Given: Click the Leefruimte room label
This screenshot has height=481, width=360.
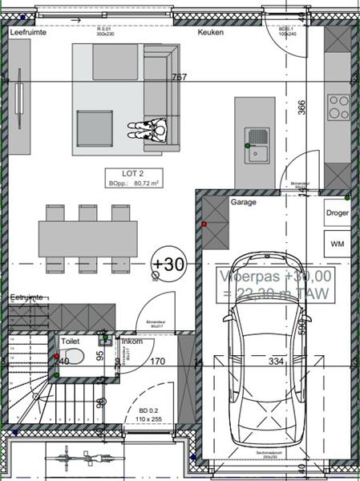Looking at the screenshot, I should [x=28, y=33].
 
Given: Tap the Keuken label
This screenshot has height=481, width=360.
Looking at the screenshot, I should [x=212, y=33].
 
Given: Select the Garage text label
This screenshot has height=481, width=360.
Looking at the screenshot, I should [x=243, y=203].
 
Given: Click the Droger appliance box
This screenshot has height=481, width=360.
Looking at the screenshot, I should [x=338, y=213].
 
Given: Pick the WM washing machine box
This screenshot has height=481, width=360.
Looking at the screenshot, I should [x=338, y=242].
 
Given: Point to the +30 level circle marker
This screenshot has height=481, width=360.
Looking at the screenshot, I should [x=168, y=263].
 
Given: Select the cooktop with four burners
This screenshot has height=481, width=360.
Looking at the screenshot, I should [x=338, y=107].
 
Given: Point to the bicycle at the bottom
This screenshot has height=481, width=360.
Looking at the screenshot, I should [x=80, y=462].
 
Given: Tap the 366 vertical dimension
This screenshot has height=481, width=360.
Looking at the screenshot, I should [x=302, y=108].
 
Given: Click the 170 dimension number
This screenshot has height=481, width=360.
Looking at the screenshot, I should [x=157, y=362].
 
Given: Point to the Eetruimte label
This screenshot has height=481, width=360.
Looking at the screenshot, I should [x=26, y=297].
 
